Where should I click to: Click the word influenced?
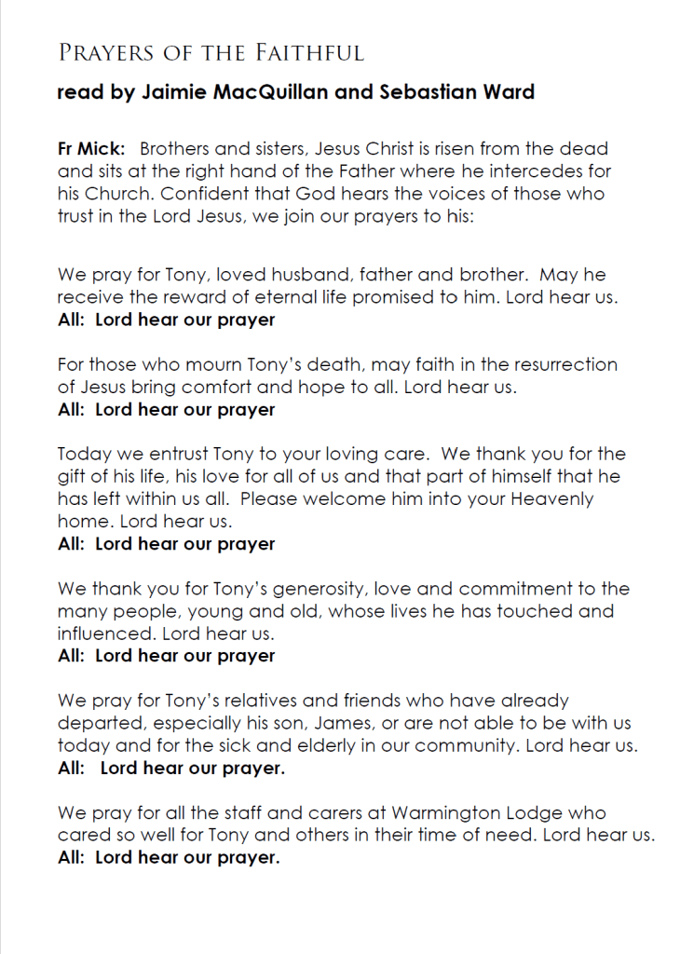coord(105,634)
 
